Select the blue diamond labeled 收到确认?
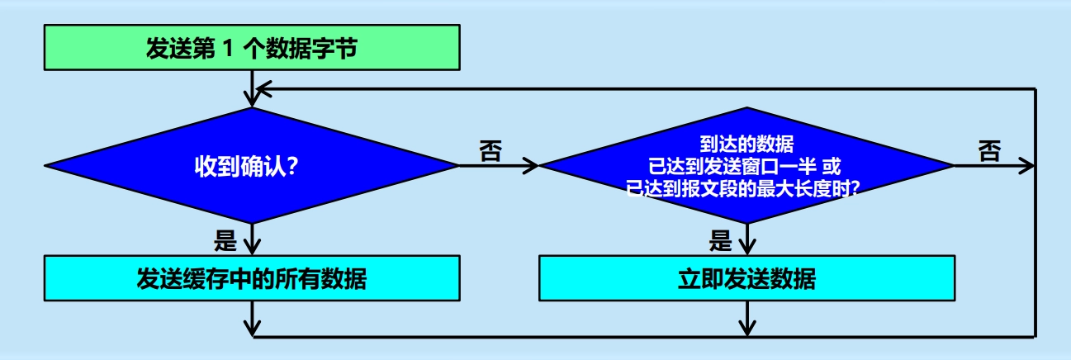coord(250,166)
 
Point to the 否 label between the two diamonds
coord(490,151)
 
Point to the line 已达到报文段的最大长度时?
coord(746,187)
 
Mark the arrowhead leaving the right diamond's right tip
coord(1026,166)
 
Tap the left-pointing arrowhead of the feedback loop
coord(261,88)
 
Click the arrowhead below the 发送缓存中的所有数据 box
coord(250,328)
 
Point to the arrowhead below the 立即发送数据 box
coord(746,328)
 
